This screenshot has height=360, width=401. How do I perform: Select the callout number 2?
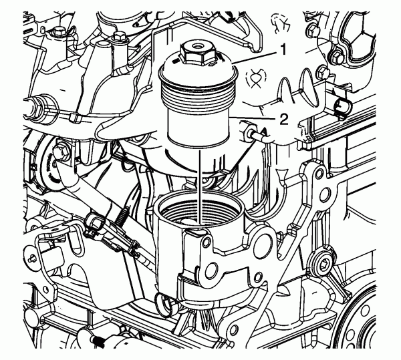[x=283, y=120]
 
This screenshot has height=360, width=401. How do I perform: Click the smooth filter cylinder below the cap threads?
[x=198, y=131]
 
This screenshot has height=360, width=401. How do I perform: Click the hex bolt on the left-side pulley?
[x=61, y=154]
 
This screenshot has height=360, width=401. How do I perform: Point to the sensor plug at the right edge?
[x=342, y=108]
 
